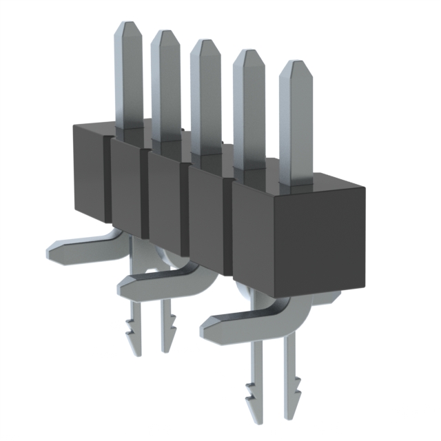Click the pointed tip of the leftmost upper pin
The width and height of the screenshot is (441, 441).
pos(128,25)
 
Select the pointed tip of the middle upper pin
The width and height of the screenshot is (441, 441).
pos(204,42)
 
